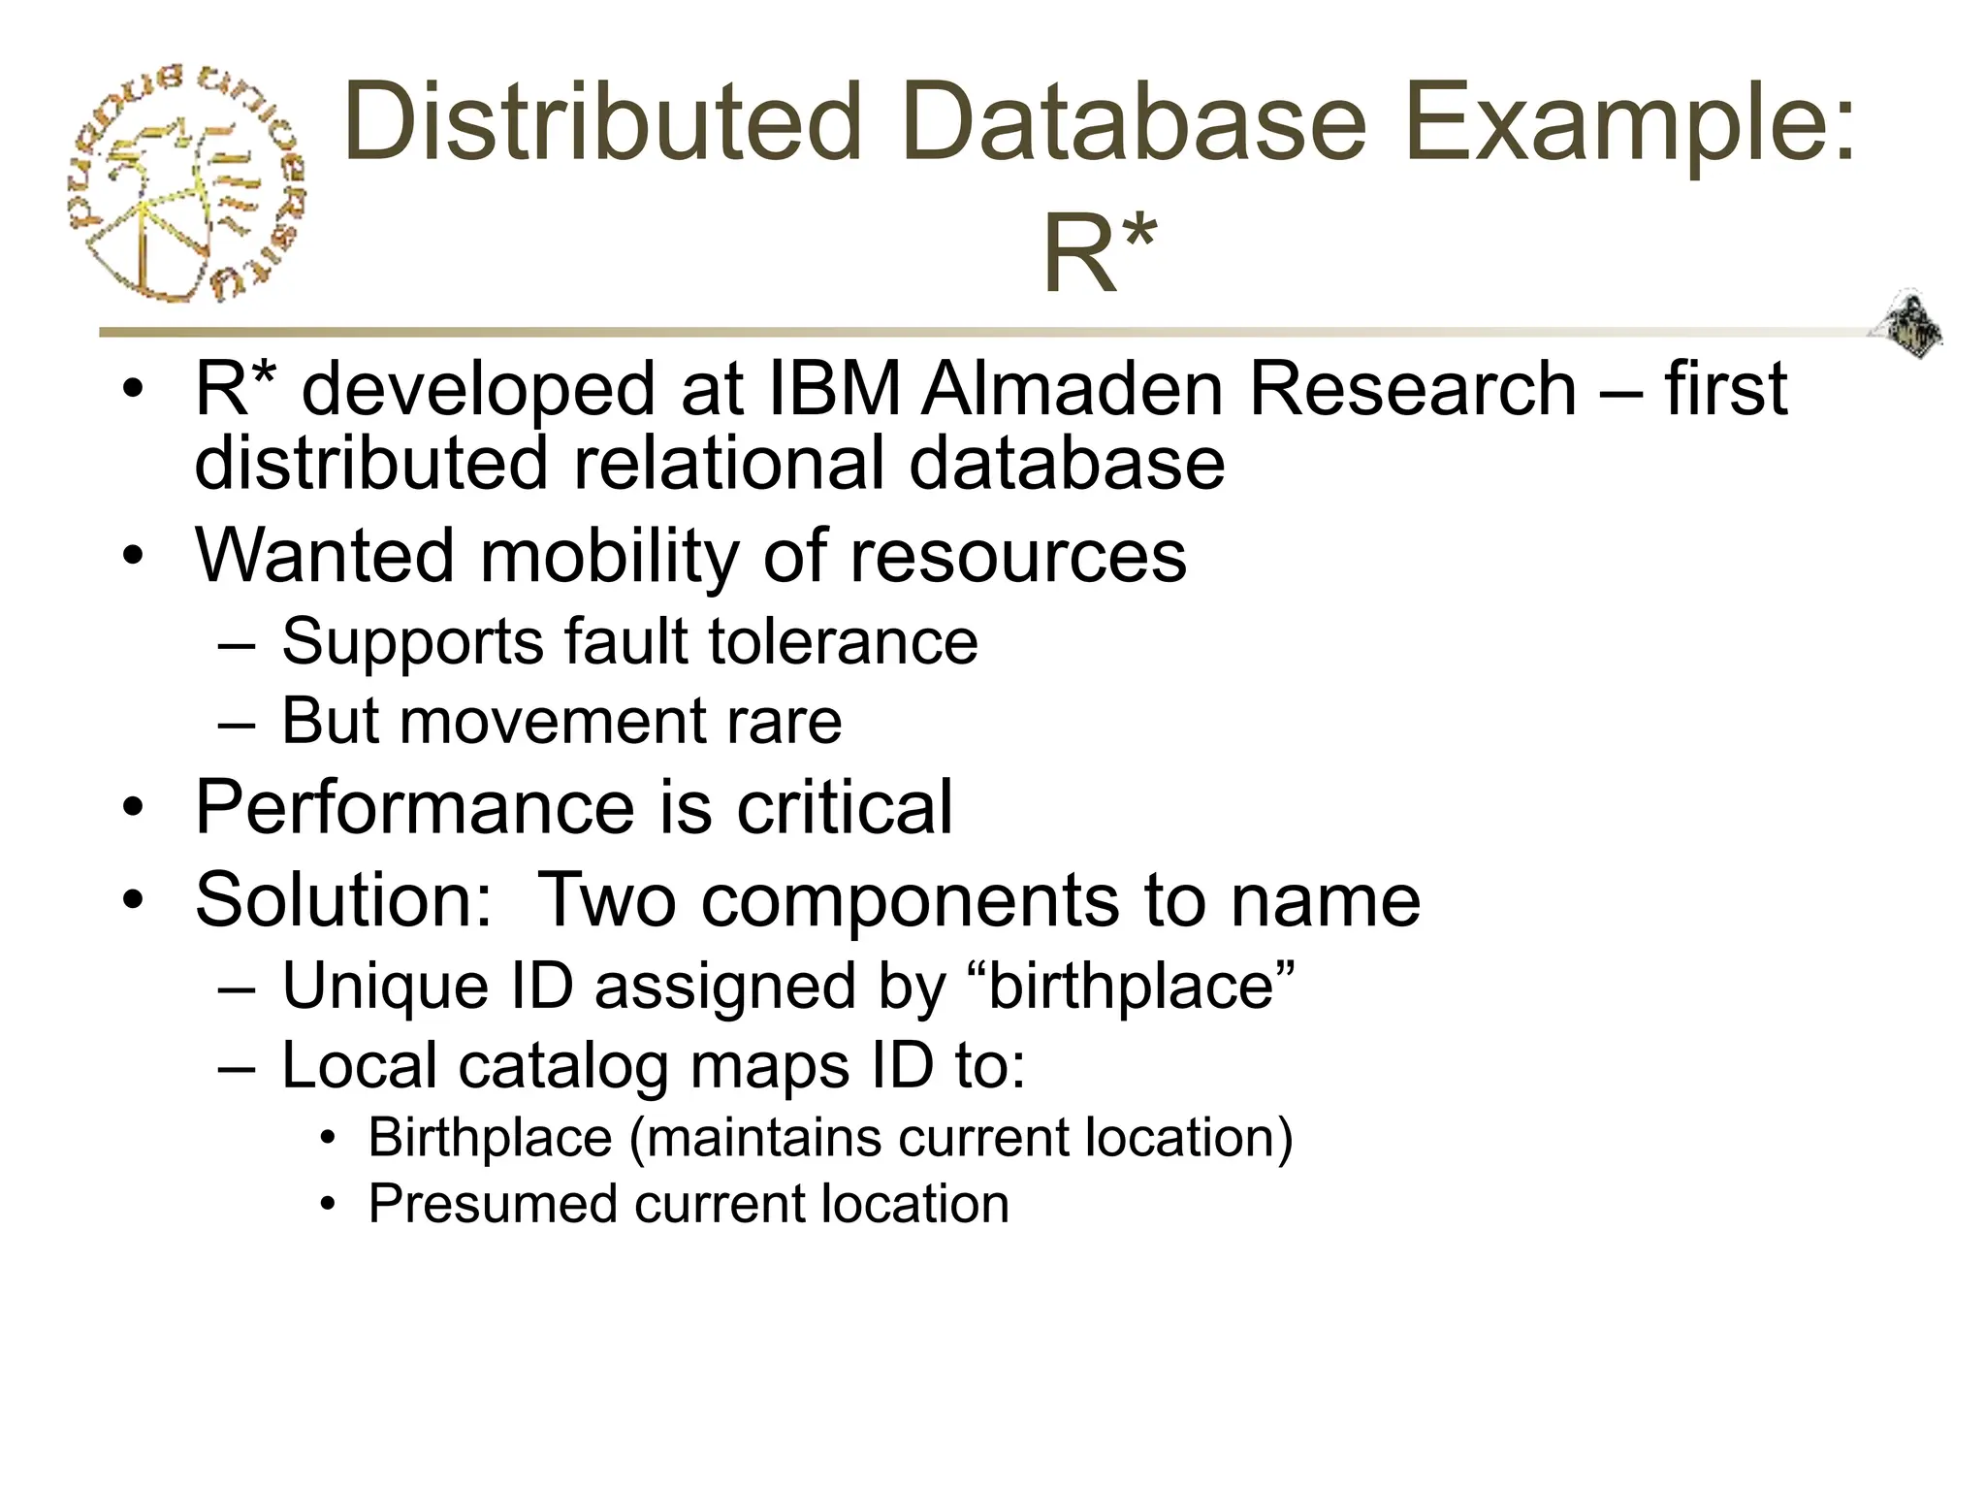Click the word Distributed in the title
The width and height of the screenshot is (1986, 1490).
point(602,123)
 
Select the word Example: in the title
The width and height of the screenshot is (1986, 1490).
point(1628,123)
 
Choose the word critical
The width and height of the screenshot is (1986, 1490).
point(845,807)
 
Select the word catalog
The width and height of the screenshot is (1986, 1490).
point(563,1065)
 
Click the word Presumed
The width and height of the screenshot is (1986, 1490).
point(492,1204)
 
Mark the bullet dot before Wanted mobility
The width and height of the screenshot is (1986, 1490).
point(133,557)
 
